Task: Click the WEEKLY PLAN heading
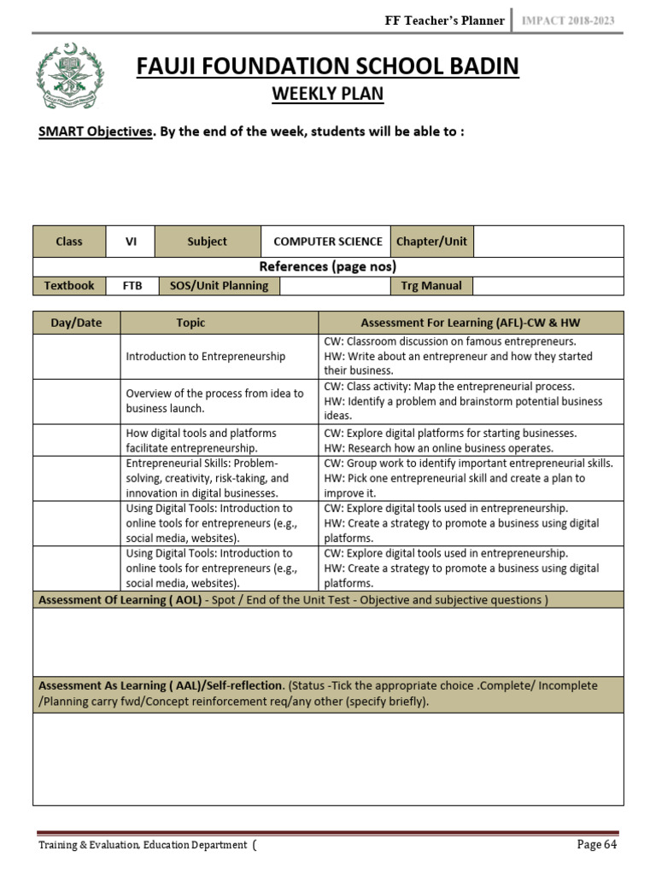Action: coord(328,94)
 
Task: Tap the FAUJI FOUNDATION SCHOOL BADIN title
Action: coord(328,67)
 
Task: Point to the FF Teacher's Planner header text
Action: coord(445,20)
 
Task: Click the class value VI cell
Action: coord(131,242)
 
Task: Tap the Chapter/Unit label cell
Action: coord(431,242)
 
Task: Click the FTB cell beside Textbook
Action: coord(132,286)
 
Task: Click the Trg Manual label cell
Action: coord(431,286)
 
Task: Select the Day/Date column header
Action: coord(77,323)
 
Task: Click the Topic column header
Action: coord(190,323)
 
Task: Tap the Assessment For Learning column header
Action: coord(471,323)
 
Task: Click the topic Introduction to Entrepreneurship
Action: coord(206,356)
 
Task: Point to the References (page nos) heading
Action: coord(328,266)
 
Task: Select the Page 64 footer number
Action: coord(597,845)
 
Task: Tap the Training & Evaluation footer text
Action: coord(144,846)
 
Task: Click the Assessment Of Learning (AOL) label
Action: coord(120,600)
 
